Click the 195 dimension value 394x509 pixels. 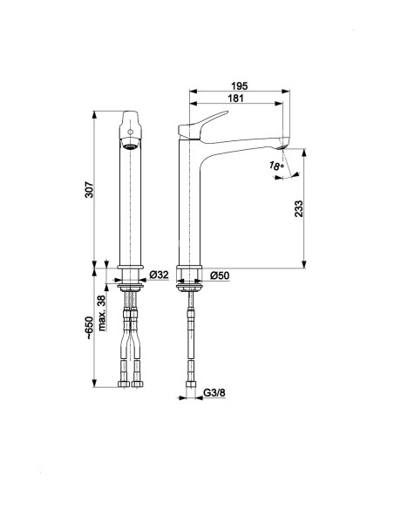point(239,86)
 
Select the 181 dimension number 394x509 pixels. point(235,98)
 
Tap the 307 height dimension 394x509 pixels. point(89,190)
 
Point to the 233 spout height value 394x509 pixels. point(299,208)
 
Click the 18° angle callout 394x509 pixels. point(276,166)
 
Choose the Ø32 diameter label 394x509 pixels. point(159,275)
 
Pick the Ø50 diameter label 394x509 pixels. point(220,275)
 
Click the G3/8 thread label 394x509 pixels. point(214,393)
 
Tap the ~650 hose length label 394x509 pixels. point(89,329)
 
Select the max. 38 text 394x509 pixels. point(102,313)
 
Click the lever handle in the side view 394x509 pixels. point(202,126)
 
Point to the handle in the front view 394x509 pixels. point(130,125)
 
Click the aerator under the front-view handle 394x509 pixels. point(130,146)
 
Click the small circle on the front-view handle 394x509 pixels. point(130,132)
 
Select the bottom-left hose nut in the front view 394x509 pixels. point(124,384)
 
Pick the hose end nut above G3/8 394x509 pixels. point(191,384)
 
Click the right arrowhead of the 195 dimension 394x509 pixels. point(286,92)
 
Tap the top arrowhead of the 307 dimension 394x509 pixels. point(94,115)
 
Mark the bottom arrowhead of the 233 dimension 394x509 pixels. point(304,264)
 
